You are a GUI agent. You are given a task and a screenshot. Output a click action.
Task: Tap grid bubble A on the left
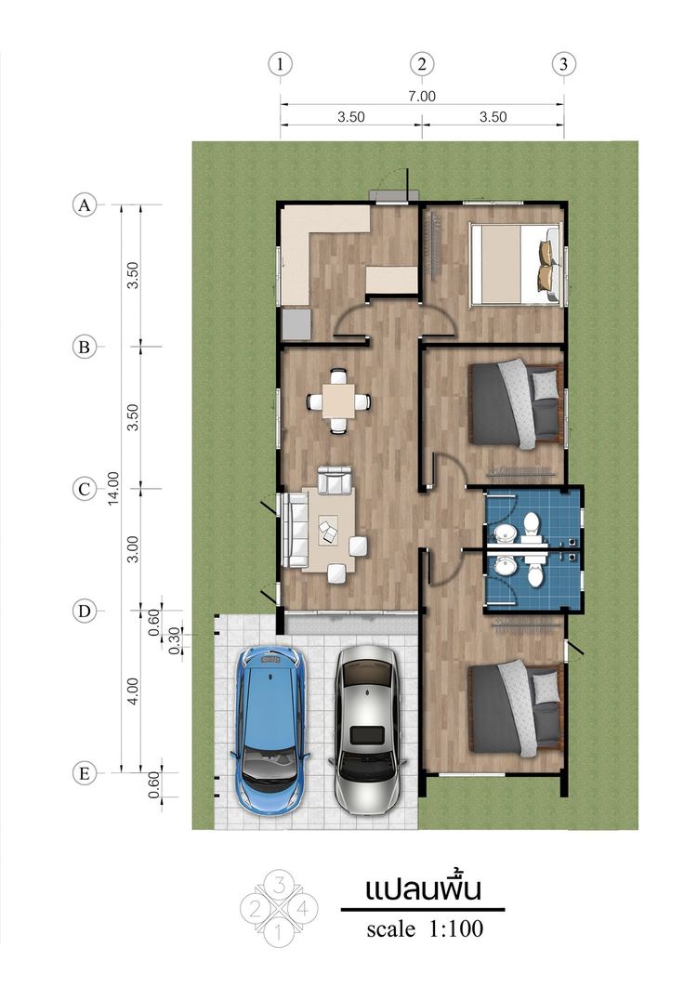[x=85, y=205]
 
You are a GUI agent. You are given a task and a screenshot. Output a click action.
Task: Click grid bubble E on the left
[x=85, y=773]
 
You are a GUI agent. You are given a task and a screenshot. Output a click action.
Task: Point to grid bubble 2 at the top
[x=422, y=63]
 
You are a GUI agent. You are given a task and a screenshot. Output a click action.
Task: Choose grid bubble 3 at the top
[x=563, y=63]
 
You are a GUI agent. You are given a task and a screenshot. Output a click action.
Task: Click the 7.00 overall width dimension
[x=422, y=97]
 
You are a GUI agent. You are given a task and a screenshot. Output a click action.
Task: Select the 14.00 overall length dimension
[x=113, y=488]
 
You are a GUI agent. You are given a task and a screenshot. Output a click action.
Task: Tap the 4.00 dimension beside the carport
[x=133, y=691]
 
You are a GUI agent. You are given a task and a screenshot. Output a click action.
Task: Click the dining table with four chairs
[x=338, y=401]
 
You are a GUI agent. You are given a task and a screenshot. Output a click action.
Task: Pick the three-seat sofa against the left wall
[x=295, y=530]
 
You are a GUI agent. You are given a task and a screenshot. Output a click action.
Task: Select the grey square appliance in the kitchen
[x=296, y=322]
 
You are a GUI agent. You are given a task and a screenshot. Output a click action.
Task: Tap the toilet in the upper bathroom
[x=532, y=527]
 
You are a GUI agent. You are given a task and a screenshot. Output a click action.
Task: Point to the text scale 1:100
[x=425, y=928]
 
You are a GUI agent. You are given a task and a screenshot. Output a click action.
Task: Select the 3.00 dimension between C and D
[x=133, y=549]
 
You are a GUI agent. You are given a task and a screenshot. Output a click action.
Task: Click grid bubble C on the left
[x=85, y=489]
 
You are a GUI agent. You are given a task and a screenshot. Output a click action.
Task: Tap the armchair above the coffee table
[x=335, y=480]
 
